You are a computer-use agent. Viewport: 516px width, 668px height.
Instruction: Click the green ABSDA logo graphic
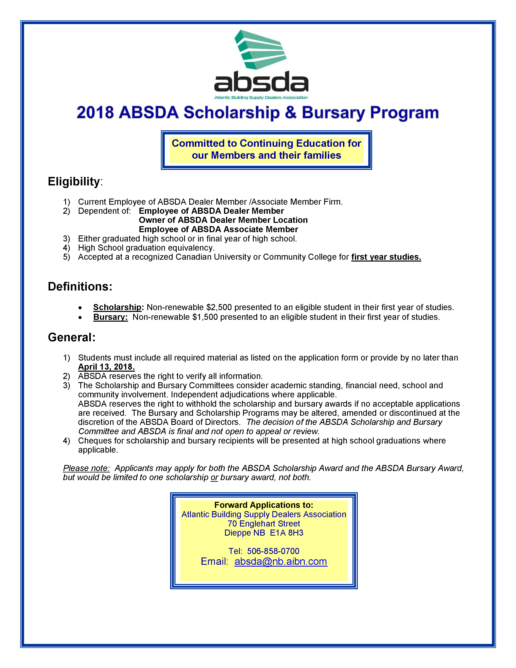click(260, 50)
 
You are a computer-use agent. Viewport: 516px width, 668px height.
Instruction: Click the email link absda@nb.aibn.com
click(281, 562)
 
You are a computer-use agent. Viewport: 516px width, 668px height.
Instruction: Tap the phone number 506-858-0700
click(273, 551)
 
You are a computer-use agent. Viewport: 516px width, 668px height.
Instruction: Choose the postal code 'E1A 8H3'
click(286, 533)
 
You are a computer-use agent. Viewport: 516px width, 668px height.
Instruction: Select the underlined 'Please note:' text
click(86, 468)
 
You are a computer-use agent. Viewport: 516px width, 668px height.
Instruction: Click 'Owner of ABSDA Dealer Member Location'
click(223, 220)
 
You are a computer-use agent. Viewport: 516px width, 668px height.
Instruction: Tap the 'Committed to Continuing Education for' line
click(266, 144)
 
